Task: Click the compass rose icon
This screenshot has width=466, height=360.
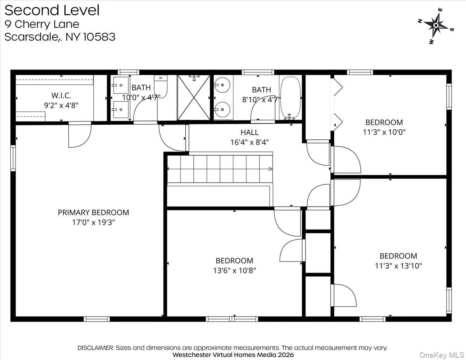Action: tap(436, 26)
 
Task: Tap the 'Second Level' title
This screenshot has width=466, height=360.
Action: tap(52, 10)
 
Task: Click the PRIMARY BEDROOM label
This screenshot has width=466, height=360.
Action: tap(93, 212)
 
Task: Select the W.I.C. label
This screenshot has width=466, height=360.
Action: tap(61, 95)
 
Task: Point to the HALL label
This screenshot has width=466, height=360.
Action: tap(249, 132)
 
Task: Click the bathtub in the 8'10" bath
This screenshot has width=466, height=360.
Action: tap(290, 98)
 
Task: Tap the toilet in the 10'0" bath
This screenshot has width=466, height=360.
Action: tap(161, 85)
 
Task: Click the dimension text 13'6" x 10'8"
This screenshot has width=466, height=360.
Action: tap(234, 270)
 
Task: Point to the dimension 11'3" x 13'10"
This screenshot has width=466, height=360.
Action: tap(398, 266)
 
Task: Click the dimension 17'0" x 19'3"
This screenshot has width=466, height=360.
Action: tap(93, 223)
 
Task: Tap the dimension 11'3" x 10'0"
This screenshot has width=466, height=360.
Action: tap(384, 132)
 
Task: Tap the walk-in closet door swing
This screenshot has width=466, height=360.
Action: tap(79, 136)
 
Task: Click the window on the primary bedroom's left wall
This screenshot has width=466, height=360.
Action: tap(13, 158)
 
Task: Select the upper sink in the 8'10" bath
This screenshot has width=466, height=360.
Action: tap(222, 83)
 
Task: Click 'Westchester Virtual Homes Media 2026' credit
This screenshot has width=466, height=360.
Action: tap(233, 355)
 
